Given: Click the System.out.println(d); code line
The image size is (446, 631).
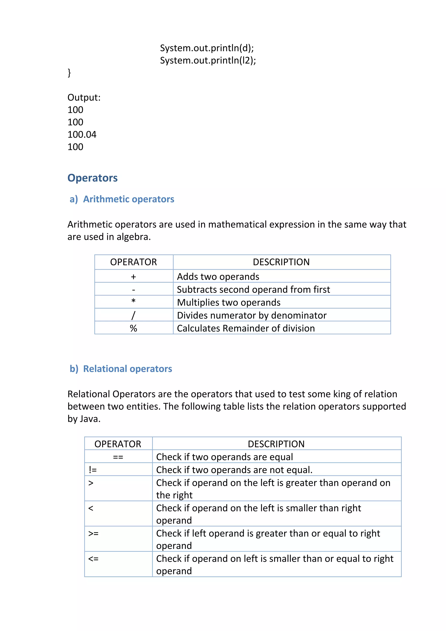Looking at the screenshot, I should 207,48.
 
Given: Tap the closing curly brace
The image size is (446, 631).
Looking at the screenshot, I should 69,73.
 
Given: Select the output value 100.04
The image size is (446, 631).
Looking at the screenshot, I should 82,134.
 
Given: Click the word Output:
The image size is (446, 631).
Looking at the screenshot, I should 84,98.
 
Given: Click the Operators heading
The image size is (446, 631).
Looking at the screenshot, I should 92,178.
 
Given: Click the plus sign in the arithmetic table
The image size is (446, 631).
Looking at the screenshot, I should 133,276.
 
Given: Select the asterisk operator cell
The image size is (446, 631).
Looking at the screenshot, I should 133,301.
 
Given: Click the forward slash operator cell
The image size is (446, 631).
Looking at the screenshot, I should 133,315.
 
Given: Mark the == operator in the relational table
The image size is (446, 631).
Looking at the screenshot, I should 118,457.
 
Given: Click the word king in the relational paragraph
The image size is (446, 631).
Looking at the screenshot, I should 342,394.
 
